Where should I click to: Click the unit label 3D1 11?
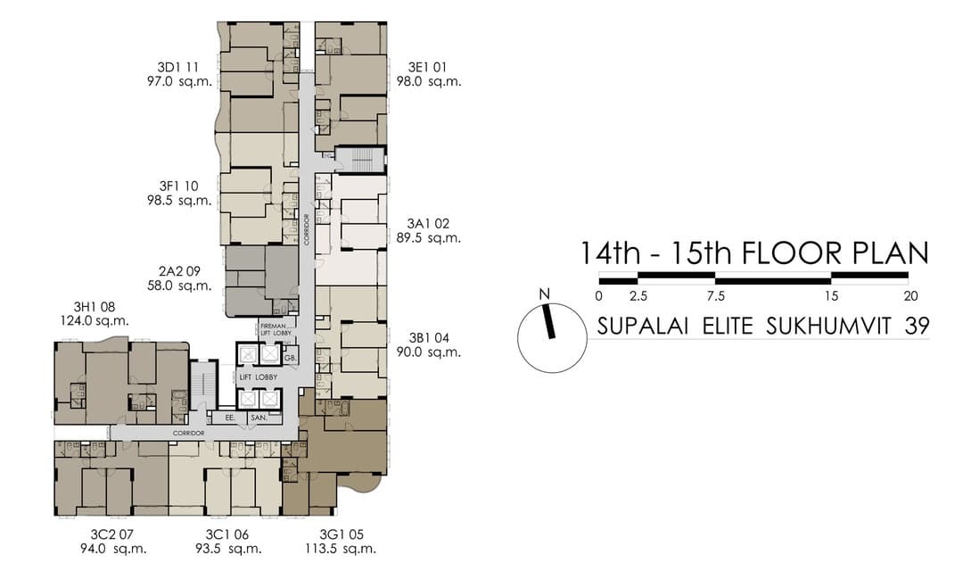(x=178, y=67)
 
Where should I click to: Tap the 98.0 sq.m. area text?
(x=428, y=81)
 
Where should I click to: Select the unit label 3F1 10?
(x=178, y=186)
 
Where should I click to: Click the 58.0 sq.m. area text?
(x=179, y=286)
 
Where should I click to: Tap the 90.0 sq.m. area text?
(x=428, y=352)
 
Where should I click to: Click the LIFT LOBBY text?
(x=258, y=377)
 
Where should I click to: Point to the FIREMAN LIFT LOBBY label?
(x=274, y=328)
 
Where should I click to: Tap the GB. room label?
(x=291, y=357)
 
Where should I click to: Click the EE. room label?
(x=229, y=417)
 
